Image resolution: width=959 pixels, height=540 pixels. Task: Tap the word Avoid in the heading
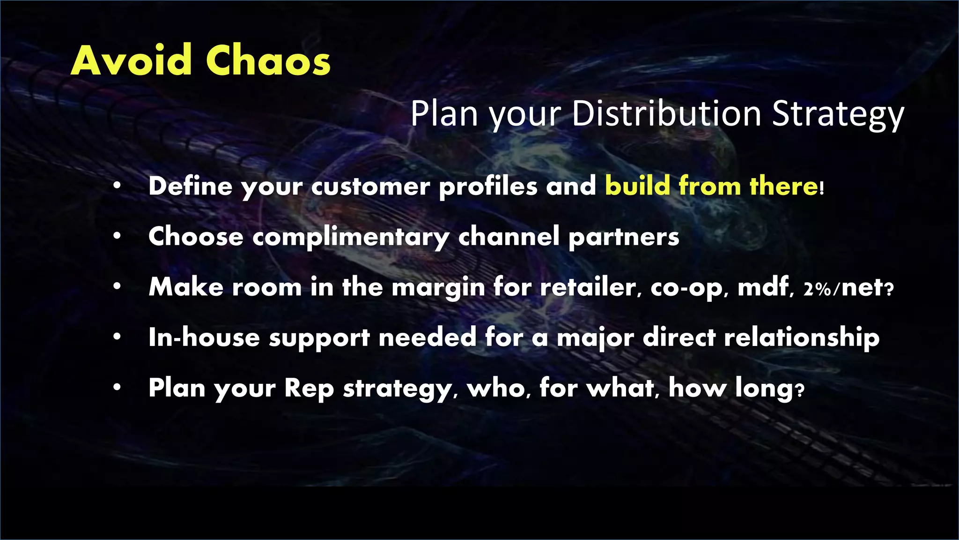click(x=132, y=61)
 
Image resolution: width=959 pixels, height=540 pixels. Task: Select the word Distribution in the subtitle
click(x=667, y=114)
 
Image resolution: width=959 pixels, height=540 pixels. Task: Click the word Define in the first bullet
click(x=190, y=186)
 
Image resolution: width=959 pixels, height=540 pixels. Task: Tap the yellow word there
click(x=784, y=186)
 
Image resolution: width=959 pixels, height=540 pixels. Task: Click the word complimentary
click(x=351, y=237)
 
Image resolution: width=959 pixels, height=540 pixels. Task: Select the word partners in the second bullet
click(x=624, y=237)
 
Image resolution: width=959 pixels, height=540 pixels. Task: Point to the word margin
click(x=438, y=288)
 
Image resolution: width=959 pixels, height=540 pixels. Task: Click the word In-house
click(x=204, y=337)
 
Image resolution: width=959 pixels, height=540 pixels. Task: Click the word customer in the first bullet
click(x=370, y=187)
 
